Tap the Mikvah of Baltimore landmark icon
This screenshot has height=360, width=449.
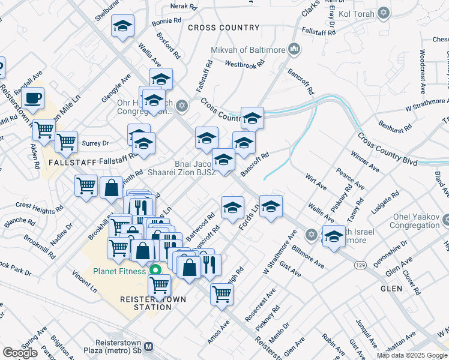pos(294,49)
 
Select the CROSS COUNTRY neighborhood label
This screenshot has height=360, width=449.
pos(223,28)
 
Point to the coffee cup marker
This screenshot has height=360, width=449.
pos(32,97)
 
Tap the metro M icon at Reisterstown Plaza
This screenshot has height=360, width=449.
pos(149,346)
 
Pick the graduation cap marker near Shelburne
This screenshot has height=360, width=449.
pos(122,26)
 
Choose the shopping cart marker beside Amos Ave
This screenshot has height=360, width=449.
pos(221,295)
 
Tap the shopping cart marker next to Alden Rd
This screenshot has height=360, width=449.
pos(44,129)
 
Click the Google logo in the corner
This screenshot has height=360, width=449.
pos(20,352)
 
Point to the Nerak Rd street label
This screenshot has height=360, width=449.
pos(184,7)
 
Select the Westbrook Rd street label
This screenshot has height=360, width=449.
pos(244,63)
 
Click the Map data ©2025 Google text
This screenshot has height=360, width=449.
pos(411,355)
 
